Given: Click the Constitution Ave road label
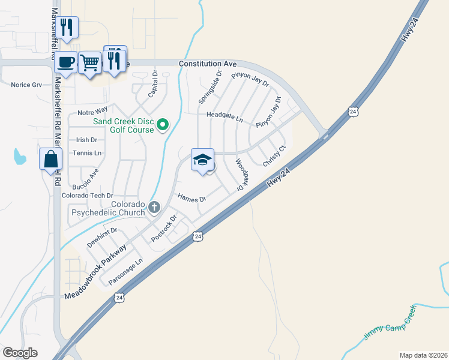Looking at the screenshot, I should (x=208, y=64).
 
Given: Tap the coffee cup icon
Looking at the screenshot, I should (x=67, y=62).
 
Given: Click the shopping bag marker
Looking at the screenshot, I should (x=50, y=159).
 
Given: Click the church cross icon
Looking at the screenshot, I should (x=154, y=208).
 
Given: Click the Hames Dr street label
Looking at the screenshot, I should (x=192, y=197).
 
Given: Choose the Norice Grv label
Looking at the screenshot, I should (x=26, y=85).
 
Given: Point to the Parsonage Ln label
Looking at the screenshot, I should (x=125, y=272).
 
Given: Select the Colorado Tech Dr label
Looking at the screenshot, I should (x=88, y=196).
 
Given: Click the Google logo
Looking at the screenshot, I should (x=20, y=353).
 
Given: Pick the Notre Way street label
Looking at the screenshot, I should (x=92, y=111).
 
